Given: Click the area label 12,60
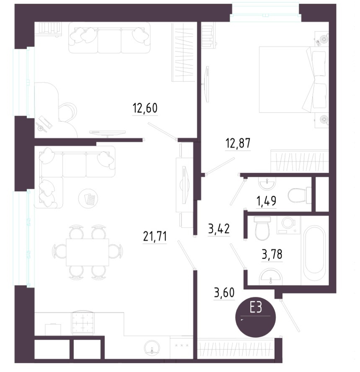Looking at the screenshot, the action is (145, 108).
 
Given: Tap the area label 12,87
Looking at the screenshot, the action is (238, 143).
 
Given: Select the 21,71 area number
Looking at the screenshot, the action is (155, 236).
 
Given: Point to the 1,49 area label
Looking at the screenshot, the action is (266, 201).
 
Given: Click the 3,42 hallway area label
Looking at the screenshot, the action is (219, 229).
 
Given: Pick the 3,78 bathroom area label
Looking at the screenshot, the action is (272, 254).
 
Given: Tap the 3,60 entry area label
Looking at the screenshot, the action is (224, 292).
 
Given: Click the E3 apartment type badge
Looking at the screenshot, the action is (256, 317).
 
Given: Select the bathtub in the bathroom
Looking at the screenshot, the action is (315, 253).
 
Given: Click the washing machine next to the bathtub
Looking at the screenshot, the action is (288, 224).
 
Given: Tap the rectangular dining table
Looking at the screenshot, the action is (87, 252).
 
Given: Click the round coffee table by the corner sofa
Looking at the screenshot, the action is (88, 198).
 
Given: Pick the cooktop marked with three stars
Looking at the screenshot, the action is (181, 346).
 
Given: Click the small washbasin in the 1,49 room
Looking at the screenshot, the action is (267, 184).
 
